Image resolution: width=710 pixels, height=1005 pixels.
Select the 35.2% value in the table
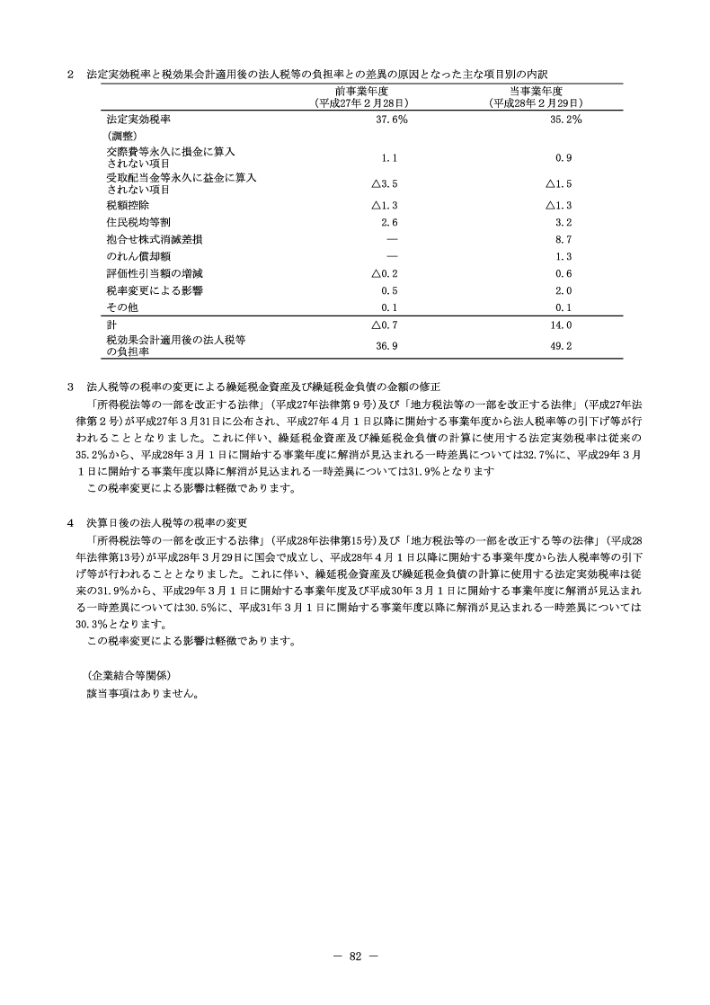(x=564, y=120)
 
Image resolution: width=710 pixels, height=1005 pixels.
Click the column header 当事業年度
(x=536, y=92)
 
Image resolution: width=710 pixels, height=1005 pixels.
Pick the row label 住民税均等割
(x=131, y=222)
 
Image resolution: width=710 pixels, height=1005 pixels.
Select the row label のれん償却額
(x=131, y=256)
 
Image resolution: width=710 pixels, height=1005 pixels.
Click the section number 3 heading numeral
(x=70, y=386)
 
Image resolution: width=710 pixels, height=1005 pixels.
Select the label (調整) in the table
(x=121, y=136)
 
